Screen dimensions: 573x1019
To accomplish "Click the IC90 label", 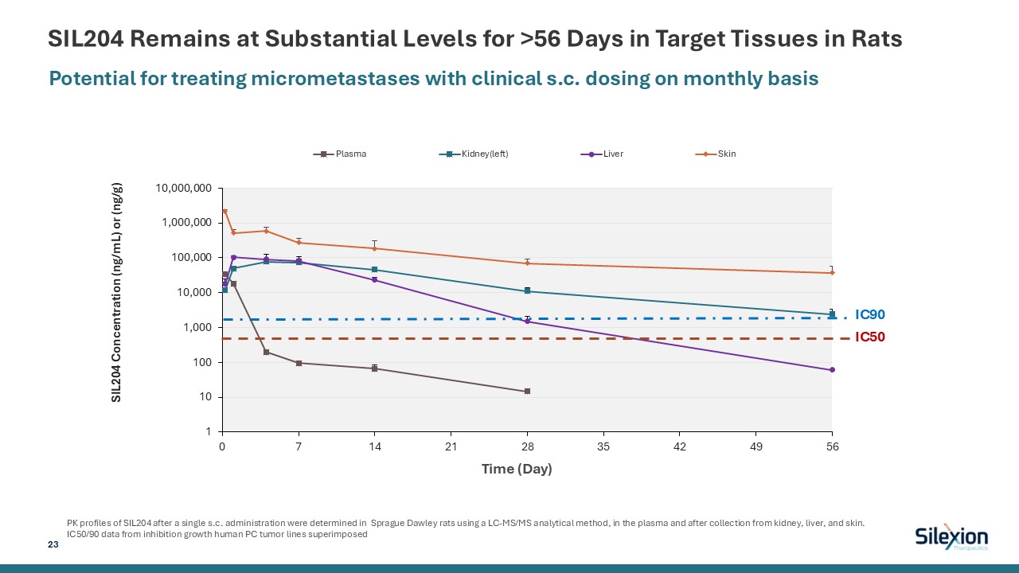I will point(869,315).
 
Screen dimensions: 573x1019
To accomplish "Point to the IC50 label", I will point(869,337).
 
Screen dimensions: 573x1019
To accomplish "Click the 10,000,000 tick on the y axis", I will point(184,189).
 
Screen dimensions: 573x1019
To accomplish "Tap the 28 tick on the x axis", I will point(527,446).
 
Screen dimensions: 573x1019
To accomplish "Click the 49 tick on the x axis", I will point(756,446).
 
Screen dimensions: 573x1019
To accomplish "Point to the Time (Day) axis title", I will point(516,469).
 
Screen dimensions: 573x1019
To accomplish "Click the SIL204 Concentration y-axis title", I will point(118,292).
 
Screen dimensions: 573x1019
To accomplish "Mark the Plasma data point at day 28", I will point(527,392).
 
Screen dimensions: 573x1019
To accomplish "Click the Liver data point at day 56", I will point(832,370).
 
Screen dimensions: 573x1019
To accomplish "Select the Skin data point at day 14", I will point(374,248).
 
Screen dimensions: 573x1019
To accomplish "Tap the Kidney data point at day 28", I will point(527,291).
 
